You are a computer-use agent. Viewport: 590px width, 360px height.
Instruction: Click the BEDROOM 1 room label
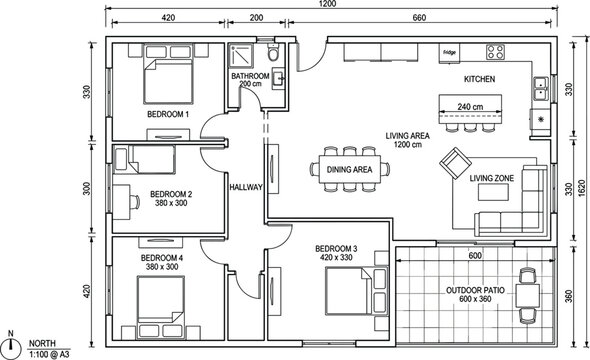168,115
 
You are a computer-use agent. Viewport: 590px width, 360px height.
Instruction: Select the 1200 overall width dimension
329,5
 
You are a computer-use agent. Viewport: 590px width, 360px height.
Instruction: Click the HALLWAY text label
246,187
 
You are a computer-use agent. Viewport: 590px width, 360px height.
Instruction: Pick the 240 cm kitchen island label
469,106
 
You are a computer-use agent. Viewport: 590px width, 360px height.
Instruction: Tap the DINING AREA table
349,169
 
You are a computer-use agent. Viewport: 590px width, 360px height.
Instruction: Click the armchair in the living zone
455,162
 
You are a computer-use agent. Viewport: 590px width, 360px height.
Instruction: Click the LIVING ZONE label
492,178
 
